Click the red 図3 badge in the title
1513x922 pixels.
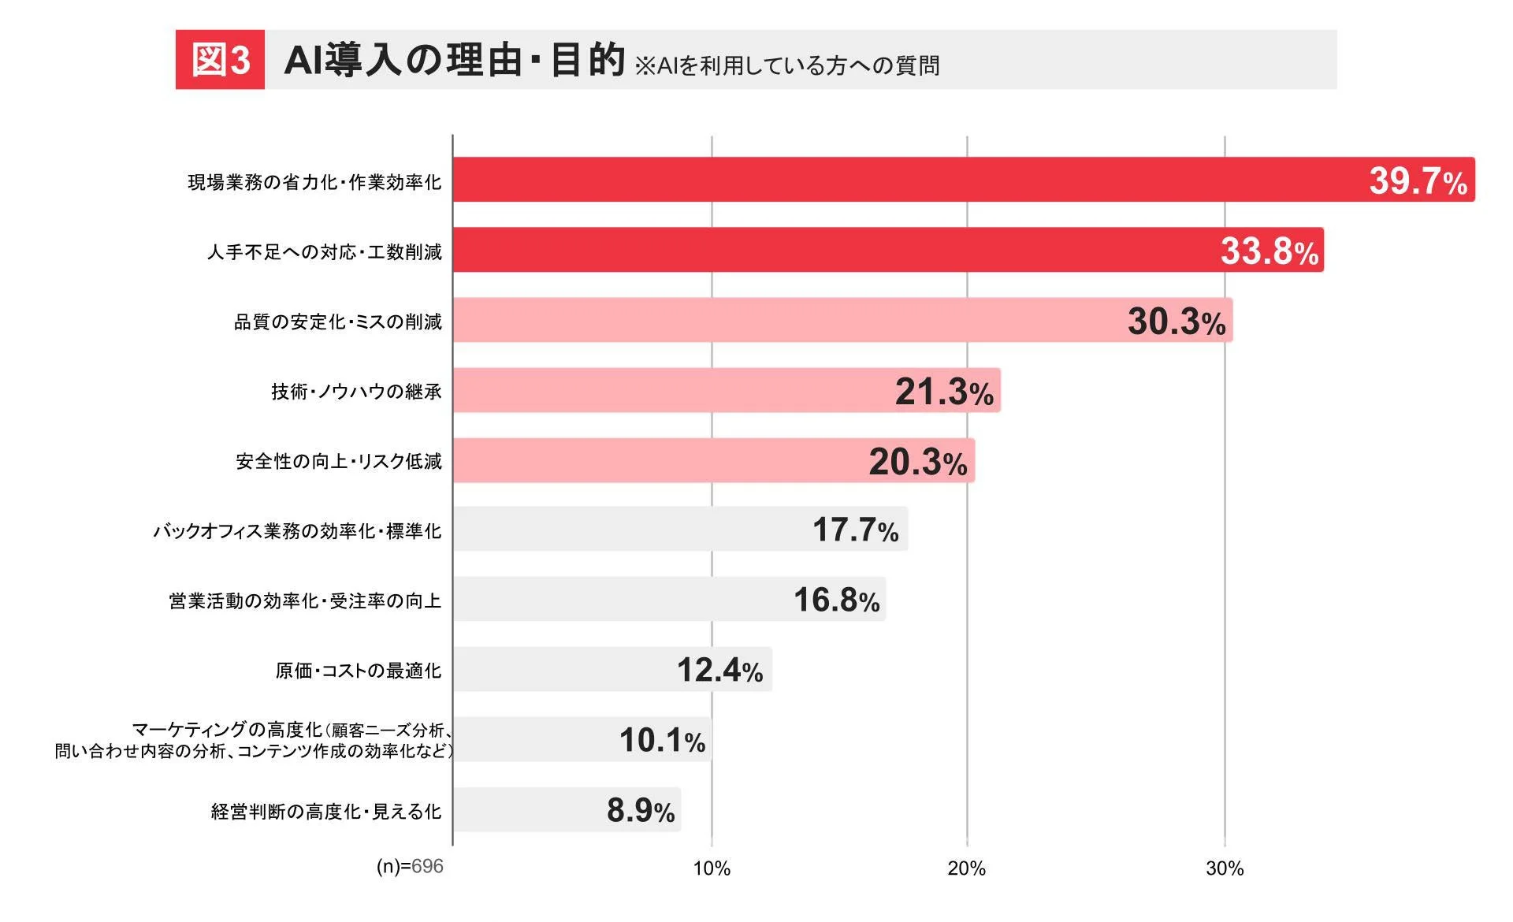point(220,60)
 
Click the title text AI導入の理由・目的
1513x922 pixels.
point(454,60)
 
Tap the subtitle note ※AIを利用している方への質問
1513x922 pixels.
point(786,65)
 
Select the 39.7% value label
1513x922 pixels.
point(1417,181)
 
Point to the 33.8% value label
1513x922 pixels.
point(1269,251)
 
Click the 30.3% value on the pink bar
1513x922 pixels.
point(1176,322)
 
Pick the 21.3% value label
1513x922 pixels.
point(943,392)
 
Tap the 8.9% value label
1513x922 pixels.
point(640,810)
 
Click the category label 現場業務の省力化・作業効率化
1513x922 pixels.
point(314,183)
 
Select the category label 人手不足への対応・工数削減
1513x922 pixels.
point(324,252)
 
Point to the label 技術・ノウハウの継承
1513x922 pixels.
point(356,392)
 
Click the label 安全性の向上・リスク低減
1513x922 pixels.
point(339,461)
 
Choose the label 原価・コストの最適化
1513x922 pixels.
point(358,671)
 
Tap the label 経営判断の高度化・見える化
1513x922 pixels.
point(325,812)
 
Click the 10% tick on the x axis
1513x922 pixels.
point(711,868)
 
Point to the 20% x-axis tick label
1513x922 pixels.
point(966,868)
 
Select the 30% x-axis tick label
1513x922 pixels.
point(1224,868)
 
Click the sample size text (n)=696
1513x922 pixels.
point(409,867)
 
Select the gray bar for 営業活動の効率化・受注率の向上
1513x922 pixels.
point(615,600)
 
